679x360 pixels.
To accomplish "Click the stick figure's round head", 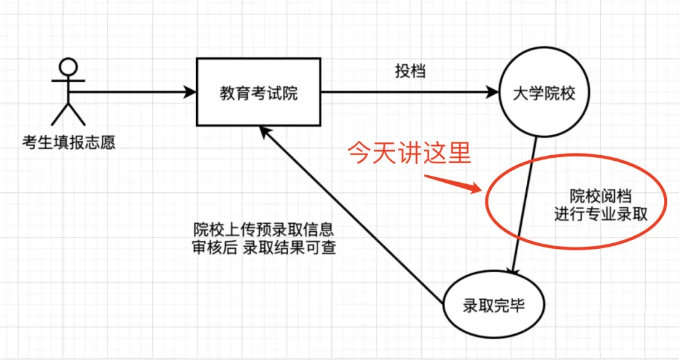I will click(x=67, y=67).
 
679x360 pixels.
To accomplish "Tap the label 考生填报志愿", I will click(x=68, y=142).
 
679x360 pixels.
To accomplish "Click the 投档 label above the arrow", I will click(x=410, y=71).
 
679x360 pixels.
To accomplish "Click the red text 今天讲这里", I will click(x=409, y=154).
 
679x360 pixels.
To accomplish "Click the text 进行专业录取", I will click(x=600, y=214).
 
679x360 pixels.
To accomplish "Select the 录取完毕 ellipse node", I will click(x=494, y=306).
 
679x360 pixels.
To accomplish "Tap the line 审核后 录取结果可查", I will click(x=263, y=248).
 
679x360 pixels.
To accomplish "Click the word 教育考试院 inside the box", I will click(x=258, y=94).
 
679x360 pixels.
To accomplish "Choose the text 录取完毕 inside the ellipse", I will click(x=494, y=306).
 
